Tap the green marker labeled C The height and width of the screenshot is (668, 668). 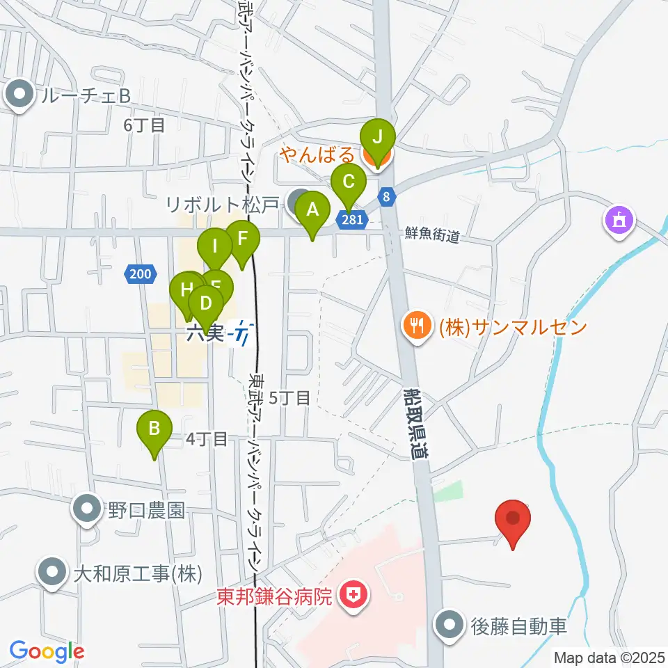click(x=348, y=183)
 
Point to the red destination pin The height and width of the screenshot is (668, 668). click(x=514, y=519)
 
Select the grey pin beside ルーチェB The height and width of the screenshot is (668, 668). click(x=19, y=96)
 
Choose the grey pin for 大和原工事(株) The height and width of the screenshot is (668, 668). click(x=52, y=573)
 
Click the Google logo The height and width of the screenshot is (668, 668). click(x=47, y=652)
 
